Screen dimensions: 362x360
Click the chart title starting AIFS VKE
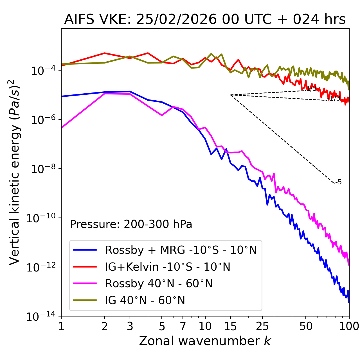[x=205, y=20]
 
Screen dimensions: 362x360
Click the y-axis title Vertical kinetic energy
[x=15, y=172]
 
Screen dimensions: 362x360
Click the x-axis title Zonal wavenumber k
[x=205, y=341]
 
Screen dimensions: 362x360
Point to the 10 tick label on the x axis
[x=205, y=326]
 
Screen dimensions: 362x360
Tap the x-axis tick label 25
[x=262, y=326]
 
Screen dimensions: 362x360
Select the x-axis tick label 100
[x=349, y=326]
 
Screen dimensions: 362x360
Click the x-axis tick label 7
[x=183, y=326]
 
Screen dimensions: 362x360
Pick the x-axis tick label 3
[x=130, y=326]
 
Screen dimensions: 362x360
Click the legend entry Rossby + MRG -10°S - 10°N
[x=181, y=250]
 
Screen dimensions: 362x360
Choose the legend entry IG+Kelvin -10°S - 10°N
[x=168, y=267]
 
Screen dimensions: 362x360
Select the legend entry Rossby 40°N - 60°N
[x=159, y=284]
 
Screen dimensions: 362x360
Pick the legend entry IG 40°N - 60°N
[x=145, y=300]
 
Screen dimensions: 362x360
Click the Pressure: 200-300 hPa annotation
[x=131, y=224]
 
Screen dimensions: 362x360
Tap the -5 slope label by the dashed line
[x=339, y=182]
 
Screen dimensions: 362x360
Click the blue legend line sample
[x=85, y=250]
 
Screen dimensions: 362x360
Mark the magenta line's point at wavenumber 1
[x=62, y=128]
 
